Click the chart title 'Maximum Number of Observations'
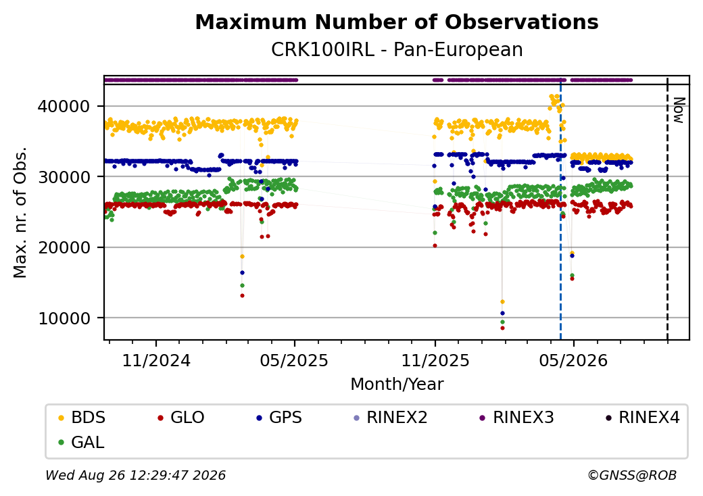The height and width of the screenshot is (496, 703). point(397,22)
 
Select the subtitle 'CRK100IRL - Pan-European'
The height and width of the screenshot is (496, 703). point(397,49)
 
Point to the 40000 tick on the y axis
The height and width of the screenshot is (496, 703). point(64,106)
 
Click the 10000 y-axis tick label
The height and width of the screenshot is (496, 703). point(64,318)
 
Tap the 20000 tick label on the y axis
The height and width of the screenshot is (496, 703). point(64,247)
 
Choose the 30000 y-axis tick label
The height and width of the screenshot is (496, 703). point(64,177)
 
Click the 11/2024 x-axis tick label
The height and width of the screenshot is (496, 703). point(156,360)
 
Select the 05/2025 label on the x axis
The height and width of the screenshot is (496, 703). point(295,360)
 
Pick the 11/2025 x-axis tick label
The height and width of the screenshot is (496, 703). point(435,360)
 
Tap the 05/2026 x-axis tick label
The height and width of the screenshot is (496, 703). point(573,360)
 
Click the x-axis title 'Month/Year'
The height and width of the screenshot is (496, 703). point(397,384)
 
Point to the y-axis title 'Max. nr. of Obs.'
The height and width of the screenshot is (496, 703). point(20,212)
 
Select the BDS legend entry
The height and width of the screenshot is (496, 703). point(82,418)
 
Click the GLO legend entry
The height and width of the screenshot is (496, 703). point(181,418)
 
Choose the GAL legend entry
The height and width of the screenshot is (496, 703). point(82,442)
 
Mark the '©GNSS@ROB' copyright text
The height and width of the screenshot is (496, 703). point(632,475)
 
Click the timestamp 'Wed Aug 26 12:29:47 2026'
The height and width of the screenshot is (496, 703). point(136,475)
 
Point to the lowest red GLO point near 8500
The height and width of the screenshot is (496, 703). point(503,328)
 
